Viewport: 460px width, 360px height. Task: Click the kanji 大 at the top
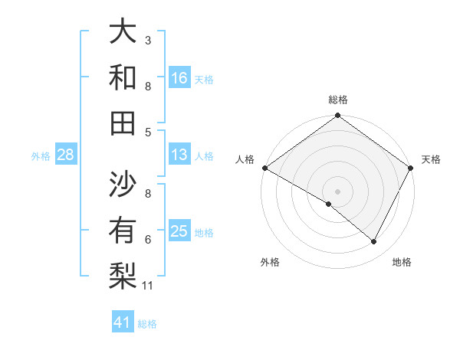coord(123,33)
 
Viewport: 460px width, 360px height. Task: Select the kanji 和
coord(123,77)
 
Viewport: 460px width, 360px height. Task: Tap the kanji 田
coord(123,123)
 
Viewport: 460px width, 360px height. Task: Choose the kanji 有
coord(123,230)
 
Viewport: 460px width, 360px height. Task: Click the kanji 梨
coord(123,276)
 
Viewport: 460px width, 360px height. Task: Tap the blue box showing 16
coord(179,77)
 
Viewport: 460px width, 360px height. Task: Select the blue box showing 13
coord(179,155)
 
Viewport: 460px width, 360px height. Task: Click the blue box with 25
coord(179,231)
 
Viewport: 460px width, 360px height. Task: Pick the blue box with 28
coord(66,155)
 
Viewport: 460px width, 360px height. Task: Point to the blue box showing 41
coord(123,322)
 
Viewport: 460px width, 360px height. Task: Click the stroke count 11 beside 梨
coord(149,286)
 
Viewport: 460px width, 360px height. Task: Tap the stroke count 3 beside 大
coord(148,40)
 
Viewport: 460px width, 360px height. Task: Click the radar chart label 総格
coord(338,100)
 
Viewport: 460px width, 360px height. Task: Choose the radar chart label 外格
coord(270,263)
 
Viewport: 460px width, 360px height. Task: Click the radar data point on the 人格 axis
coord(264,168)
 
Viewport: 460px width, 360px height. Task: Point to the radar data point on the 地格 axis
coord(374,242)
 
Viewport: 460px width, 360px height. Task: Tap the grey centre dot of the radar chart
coord(338,191)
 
